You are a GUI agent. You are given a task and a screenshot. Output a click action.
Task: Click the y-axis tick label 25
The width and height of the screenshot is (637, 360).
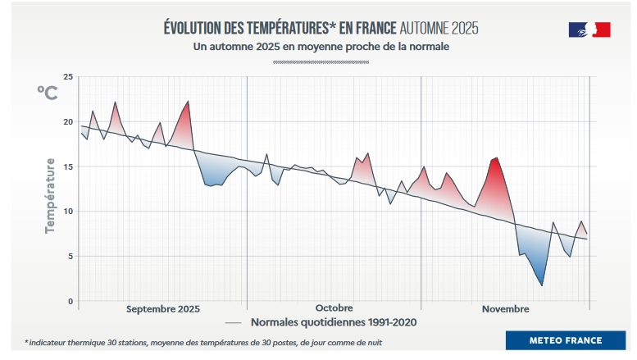(68, 77)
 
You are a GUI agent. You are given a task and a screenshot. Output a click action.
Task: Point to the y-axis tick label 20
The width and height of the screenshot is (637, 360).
(68, 122)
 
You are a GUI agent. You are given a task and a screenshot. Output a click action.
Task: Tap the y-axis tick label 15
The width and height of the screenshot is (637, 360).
(69, 167)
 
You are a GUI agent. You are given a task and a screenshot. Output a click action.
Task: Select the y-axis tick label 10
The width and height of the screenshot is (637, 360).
(68, 212)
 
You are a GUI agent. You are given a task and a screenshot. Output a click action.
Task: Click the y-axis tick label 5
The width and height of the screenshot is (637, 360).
(71, 257)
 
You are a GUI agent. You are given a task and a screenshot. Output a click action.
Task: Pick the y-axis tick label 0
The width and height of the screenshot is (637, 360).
(71, 301)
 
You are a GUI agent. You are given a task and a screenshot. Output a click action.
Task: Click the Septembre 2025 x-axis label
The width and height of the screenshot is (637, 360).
(163, 308)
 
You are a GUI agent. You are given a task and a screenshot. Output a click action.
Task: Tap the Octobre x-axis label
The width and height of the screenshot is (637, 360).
(334, 308)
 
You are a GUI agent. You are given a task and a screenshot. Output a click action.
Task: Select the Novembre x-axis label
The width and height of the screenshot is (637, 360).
(505, 308)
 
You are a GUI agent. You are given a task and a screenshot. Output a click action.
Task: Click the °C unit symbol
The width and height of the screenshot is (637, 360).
(47, 92)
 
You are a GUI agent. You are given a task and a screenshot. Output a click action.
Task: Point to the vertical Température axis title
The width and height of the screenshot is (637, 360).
(51, 195)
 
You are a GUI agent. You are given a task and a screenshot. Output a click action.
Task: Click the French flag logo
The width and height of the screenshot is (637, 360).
(589, 30)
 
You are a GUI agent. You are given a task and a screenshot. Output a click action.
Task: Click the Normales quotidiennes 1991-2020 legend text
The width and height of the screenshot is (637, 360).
(334, 322)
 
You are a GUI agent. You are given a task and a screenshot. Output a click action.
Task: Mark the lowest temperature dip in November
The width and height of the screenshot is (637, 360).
(542, 285)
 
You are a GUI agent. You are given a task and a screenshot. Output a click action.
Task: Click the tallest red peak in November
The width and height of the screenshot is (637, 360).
(496, 157)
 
